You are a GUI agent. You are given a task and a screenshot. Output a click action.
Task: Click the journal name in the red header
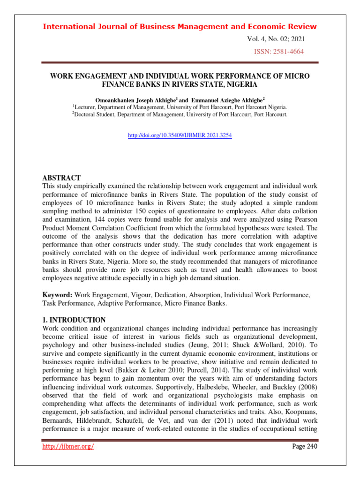tap(180, 26)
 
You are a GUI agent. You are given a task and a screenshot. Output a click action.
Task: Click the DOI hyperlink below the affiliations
tap(180, 135)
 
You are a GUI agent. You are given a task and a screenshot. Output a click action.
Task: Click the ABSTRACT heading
tap(61, 178)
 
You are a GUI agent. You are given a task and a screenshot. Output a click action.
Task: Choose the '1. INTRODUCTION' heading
tap(74, 320)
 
